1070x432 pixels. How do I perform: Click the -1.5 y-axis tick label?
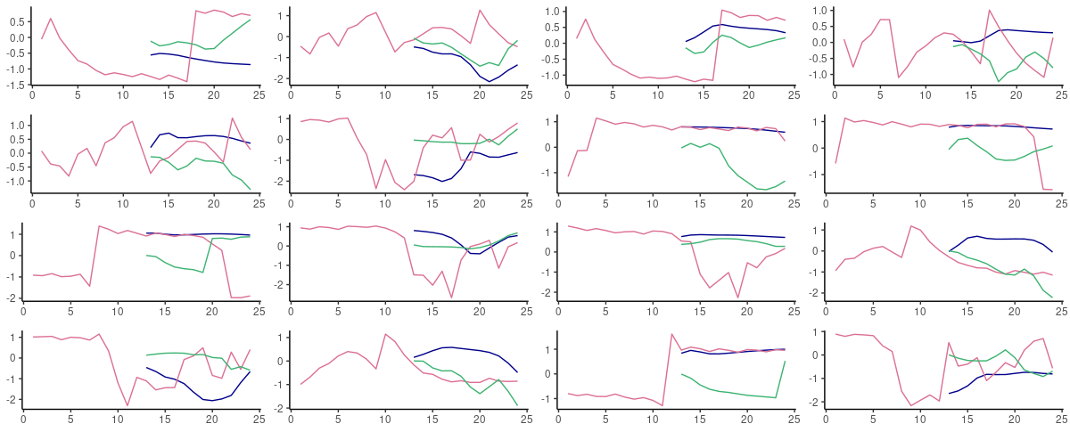(x=14, y=85)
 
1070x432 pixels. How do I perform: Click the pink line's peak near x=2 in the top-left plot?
(x=50, y=19)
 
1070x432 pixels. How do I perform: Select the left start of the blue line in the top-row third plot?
(x=686, y=41)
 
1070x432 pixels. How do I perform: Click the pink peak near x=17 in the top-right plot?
(x=989, y=11)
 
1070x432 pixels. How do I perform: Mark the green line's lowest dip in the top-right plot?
(x=999, y=81)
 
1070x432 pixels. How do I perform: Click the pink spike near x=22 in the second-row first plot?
(x=232, y=118)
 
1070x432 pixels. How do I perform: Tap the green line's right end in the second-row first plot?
(x=250, y=189)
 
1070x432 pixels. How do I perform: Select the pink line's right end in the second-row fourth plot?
(x=1052, y=190)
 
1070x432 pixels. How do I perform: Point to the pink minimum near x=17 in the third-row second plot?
(x=452, y=298)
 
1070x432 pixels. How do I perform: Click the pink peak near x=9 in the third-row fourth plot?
(x=911, y=225)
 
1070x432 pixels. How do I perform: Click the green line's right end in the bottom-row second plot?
(x=517, y=405)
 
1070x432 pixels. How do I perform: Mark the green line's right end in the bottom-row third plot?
(x=785, y=361)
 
